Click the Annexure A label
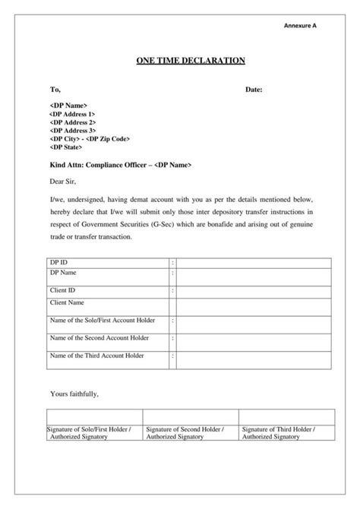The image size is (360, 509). point(300,26)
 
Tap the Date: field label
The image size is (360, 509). point(254,90)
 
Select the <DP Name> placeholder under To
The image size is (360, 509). point(69,104)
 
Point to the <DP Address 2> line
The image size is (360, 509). point(72,122)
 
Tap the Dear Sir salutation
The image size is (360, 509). point(63,182)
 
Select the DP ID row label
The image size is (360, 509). point(58,262)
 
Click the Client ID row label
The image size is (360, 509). point(62,290)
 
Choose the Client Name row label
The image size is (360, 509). point(66,302)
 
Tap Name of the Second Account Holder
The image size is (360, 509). point(99,337)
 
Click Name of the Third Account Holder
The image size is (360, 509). point(96,355)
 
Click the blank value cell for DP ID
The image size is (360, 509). point(254,262)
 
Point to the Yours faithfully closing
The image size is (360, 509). point(74,394)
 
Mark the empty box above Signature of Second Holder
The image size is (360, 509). point(190,416)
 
